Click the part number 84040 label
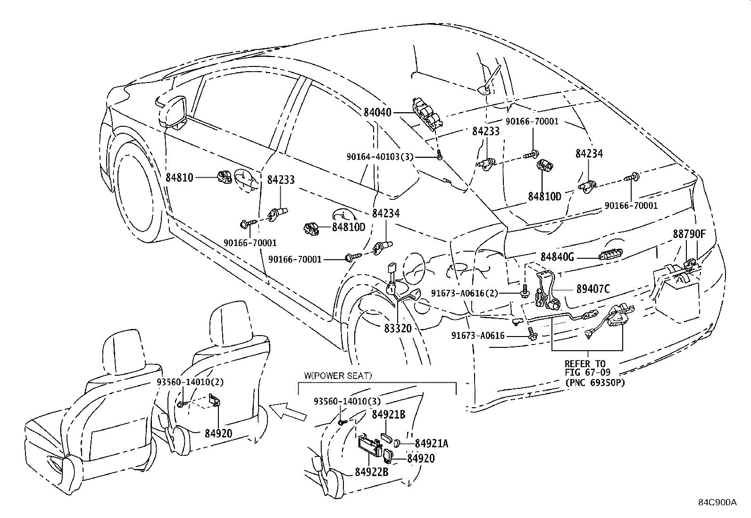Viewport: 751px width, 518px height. (377, 113)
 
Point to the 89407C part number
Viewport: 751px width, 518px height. (592, 289)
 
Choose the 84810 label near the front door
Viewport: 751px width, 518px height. (179, 178)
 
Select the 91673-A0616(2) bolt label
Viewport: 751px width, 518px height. (464, 293)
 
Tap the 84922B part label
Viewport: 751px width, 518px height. (372, 472)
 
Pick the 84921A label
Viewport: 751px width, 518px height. (431, 443)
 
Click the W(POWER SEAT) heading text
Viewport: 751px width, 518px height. (338, 376)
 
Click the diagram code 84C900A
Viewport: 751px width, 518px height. (717, 502)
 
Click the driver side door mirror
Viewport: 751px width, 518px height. (175, 112)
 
